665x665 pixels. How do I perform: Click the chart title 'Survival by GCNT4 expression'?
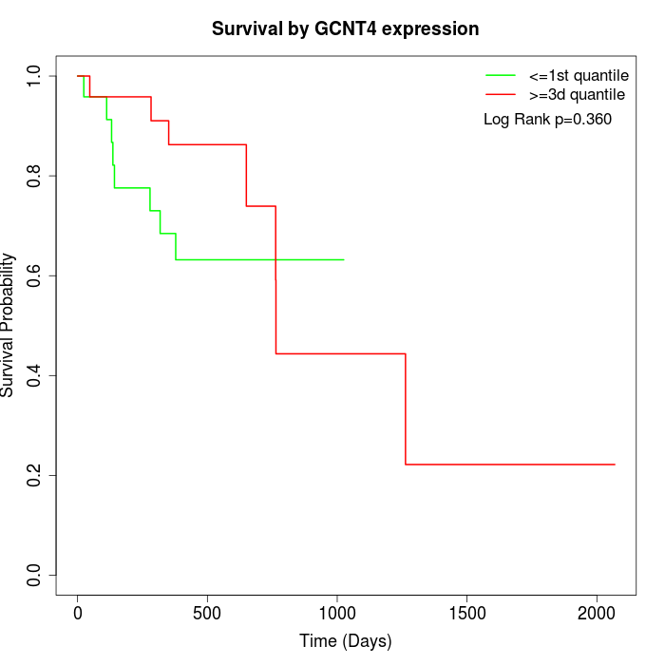(x=345, y=28)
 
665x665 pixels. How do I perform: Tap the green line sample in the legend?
(x=501, y=75)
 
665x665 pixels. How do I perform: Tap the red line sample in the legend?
(x=501, y=95)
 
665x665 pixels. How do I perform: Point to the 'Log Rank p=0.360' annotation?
(x=547, y=120)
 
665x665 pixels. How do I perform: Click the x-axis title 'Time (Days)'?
(x=345, y=641)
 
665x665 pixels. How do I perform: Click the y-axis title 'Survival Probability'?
(x=9, y=325)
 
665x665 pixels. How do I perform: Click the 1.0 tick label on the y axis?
(x=35, y=76)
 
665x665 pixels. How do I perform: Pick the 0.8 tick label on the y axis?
(x=35, y=176)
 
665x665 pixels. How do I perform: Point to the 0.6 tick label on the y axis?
(x=35, y=275)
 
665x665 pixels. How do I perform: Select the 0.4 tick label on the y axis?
(x=35, y=375)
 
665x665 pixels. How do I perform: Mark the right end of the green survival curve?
(x=343, y=259)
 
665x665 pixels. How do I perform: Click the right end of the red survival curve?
(x=615, y=465)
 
